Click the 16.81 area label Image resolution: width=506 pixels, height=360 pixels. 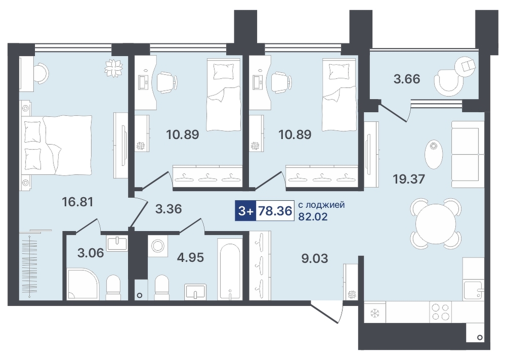[77, 202]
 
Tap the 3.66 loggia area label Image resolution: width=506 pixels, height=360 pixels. [407, 79]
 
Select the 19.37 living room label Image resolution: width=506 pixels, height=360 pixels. [409, 178]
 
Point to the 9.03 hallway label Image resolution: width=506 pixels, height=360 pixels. [314, 258]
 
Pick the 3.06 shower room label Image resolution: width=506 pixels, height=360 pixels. [91, 253]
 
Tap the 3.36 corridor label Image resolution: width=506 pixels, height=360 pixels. [168, 209]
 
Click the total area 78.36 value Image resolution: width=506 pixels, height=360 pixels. [274, 211]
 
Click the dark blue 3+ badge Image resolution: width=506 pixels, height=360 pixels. [245, 211]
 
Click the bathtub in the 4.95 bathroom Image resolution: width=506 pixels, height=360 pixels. [229, 268]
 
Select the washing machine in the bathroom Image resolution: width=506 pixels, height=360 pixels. [158, 246]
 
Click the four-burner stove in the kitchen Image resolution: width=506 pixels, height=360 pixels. [441, 311]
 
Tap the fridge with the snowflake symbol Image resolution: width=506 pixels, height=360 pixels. [374, 312]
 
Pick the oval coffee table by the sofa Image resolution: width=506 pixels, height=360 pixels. [434, 155]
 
